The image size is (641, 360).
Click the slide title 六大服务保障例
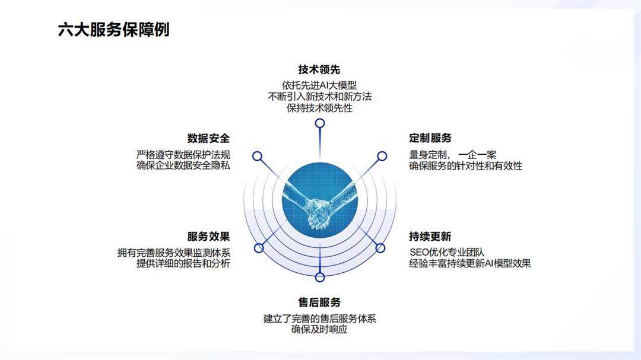click(113, 30)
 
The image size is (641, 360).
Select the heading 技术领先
click(319, 69)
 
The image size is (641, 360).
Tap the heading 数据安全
click(208, 138)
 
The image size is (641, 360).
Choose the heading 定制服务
click(430, 138)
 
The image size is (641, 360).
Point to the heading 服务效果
click(208, 237)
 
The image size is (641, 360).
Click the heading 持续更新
click(430, 237)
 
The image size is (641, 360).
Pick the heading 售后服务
click(319, 302)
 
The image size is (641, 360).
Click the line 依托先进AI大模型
click(319, 84)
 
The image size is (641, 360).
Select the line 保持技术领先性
click(319, 108)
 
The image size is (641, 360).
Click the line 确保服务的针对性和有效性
click(466, 166)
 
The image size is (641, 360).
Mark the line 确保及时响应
click(319, 330)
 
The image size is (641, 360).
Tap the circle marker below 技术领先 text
click(320, 123)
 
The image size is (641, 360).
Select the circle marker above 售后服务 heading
click(320, 277)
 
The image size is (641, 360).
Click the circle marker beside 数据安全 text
click(258, 156)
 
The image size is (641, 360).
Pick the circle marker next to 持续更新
click(380, 247)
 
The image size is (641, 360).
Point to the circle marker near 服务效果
click(258, 247)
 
